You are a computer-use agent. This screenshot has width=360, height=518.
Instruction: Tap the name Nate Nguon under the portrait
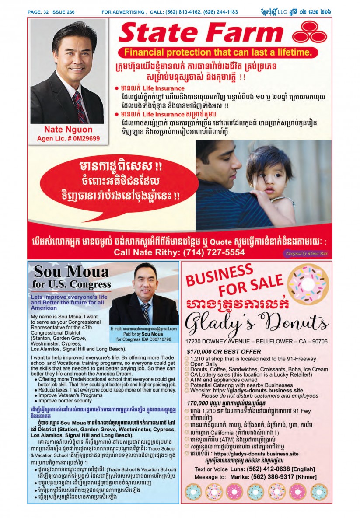(68, 129)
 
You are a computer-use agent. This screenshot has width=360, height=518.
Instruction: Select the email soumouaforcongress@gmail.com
(144, 329)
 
